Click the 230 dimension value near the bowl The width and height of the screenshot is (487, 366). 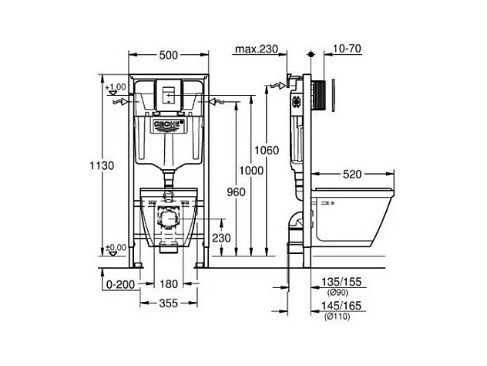point(222,238)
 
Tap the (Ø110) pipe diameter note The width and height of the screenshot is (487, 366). point(339,317)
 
